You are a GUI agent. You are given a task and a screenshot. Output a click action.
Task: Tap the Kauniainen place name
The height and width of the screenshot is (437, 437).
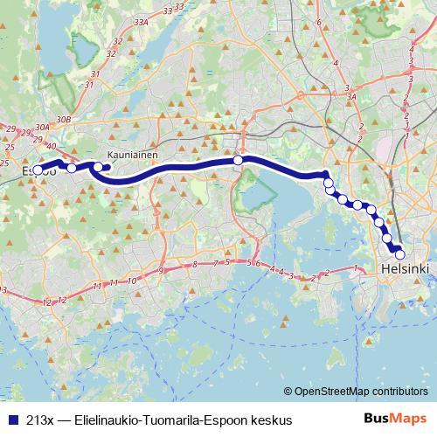(x=131, y=150)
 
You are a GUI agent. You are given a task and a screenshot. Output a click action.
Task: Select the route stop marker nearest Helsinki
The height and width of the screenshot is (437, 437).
(x=400, y=254)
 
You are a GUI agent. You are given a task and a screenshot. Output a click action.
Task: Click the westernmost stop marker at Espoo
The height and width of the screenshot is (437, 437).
(x=38, y=170)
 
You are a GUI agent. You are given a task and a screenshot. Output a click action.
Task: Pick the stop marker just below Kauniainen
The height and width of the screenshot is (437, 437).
(x=99, y=167)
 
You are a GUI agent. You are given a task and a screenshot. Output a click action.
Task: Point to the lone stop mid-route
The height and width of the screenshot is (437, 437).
(x=238, y=161)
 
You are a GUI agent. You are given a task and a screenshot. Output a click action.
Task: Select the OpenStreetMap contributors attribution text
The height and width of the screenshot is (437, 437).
(x=360, y=392)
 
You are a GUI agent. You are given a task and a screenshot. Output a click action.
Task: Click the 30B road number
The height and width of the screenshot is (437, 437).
(x=62, y=119)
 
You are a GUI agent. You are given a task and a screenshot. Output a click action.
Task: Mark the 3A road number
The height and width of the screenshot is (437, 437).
(x=350, y=99)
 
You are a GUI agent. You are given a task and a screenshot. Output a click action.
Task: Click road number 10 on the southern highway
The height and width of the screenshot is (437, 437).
(x=132, y=281)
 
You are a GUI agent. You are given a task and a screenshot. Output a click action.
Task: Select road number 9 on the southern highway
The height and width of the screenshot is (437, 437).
(x=161, y=272)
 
